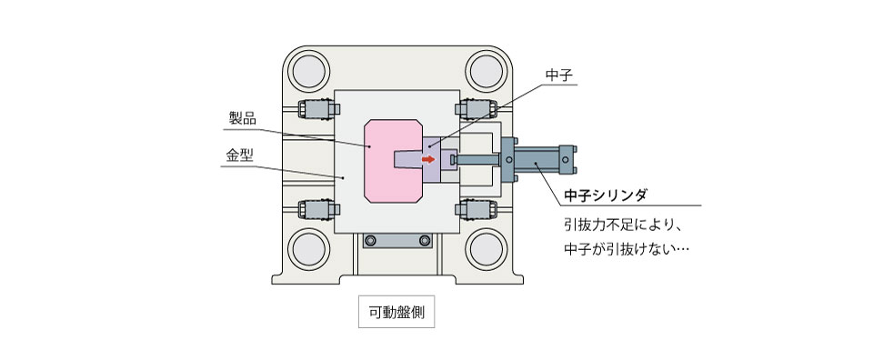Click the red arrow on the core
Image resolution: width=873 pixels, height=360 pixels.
[428, 160]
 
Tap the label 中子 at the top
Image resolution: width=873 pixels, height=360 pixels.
[557, 75]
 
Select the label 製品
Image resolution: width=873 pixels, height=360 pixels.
[243, 118]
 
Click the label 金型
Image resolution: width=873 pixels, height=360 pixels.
[239, 155]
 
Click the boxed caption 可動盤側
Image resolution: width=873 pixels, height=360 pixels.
[396, 312]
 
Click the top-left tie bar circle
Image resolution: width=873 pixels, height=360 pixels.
[308, 71]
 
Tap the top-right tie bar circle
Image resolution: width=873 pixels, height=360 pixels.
[486, 71]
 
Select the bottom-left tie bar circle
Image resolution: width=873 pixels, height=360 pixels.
[308, 249]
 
